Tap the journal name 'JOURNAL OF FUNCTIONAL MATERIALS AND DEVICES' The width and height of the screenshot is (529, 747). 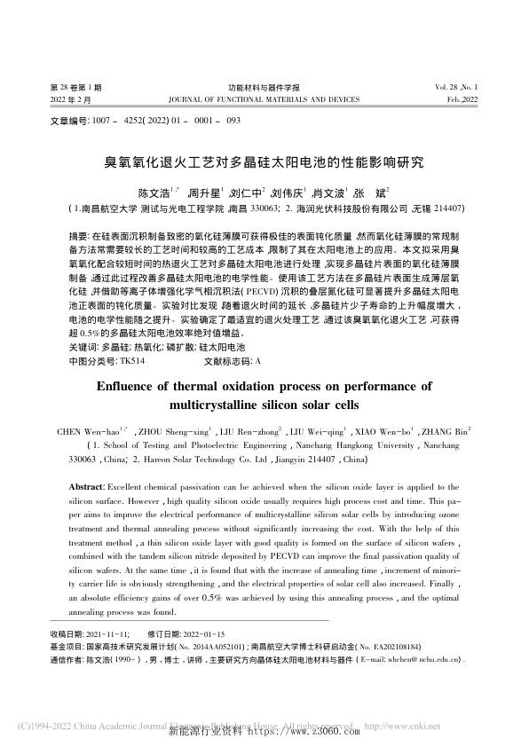pos(264,100)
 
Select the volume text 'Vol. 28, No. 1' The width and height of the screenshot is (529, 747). pos(456,88)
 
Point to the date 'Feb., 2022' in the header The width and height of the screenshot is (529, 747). pos(462,100)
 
